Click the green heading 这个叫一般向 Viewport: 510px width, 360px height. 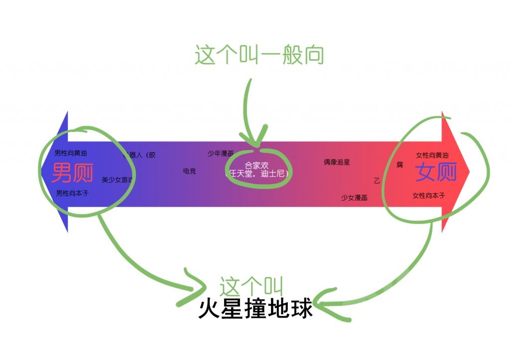[x=259, y=55]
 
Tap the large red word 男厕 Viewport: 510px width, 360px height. [x=73, y=172]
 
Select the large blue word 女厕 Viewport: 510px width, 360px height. [x=436, y=172]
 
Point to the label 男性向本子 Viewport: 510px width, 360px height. [x=72, y=193]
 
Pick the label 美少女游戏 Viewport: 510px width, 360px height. [x=118, y=179]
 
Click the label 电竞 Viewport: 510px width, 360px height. [x=189, y=171]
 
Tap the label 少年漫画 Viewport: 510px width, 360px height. [x=220, y=153]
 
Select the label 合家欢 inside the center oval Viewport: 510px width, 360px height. [x=256, y=165]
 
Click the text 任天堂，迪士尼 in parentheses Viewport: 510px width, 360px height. [x=257, y=174]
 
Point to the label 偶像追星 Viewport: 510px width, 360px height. [x=337, y=162]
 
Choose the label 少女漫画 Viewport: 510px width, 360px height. [x=354, y=198]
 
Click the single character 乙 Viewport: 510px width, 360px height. [x=377, y=181]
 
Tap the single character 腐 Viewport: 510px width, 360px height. [x=399, y=164]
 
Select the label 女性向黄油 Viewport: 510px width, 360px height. [x=432, y=155]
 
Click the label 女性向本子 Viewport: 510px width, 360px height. [x=429, y=195]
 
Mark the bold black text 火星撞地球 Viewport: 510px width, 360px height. [x=255, y=309]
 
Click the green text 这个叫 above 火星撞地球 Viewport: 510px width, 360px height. [x=252, y=287]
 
